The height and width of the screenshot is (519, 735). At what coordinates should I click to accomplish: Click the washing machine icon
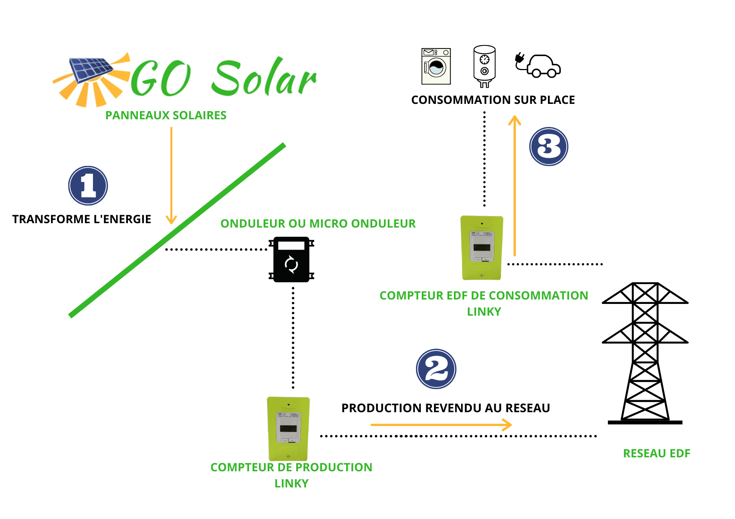point(436,66)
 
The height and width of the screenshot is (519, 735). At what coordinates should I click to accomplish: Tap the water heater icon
point(484,66)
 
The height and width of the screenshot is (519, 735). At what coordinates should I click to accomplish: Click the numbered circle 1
point(88,186)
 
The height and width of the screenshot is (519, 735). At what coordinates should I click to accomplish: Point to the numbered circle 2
point(436,369)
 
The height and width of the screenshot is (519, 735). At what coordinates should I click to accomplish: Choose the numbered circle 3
point(549,146)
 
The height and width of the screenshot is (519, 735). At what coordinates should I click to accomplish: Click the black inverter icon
point(291,259)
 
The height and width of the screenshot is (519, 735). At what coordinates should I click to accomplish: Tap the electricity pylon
point(645,352)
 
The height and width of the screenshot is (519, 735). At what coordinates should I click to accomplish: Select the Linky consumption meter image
point(482,248)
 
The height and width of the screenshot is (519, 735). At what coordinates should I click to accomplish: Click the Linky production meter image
point(288,428)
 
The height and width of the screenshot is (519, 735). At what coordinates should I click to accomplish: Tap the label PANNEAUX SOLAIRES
point(166,115)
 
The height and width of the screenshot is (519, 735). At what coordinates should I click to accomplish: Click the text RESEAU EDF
point(656,453)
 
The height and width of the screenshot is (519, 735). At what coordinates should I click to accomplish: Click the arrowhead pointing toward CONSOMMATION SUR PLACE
point(514,120)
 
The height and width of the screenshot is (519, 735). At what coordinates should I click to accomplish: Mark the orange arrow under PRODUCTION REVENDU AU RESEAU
point(441,425)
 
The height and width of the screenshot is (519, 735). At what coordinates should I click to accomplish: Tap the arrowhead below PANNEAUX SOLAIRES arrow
point(171,220)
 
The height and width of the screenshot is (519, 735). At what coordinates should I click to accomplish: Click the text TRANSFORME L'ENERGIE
point(82,219)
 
